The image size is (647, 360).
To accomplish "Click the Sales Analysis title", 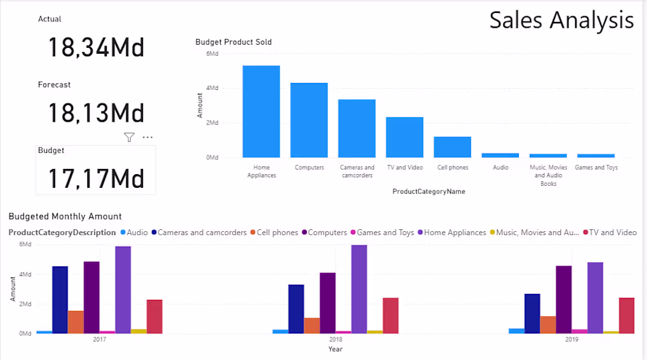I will (x=561, y=20).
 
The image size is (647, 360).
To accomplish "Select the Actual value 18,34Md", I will (x=96, y=48).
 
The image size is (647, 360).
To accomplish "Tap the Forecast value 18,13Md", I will (x=96, y=113).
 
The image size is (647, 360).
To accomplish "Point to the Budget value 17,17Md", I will (x=96, y=179).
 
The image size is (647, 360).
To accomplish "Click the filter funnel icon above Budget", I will (x=129, y=137).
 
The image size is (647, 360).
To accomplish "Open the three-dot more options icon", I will (x=148, y=137).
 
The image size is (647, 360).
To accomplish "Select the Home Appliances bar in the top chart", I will (x=261, y=111).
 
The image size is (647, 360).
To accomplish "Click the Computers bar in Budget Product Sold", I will (x=309, y=120).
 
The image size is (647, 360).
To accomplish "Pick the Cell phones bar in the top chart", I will (x=452, y=147).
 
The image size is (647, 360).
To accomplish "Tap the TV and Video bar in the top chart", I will (x=404, y=137).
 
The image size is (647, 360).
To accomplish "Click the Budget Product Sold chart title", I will (x=234, y=42).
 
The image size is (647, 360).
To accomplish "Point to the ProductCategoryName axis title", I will (x=428, y=192).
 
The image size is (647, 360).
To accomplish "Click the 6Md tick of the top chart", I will (x=212, y=54).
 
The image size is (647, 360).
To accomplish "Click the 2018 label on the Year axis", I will (x=335, y=339).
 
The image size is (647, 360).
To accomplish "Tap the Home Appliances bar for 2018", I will (x=359, y=289).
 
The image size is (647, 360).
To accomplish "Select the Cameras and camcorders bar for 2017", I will (x=60, y=300).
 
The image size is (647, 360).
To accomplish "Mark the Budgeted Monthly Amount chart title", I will (x=65, y=216).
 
